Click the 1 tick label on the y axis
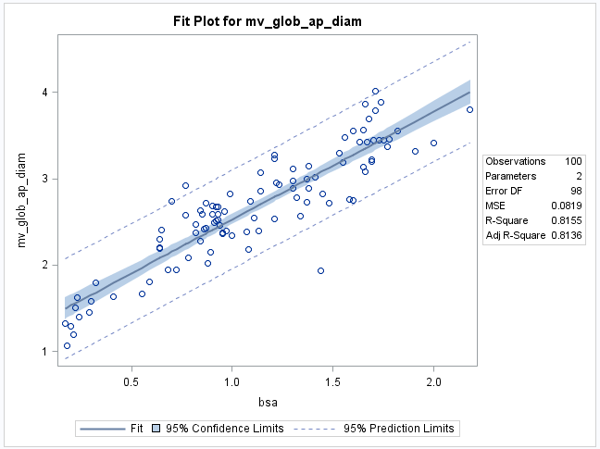[x=43, y=352]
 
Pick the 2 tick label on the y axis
[x=43, y=266]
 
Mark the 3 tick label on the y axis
[x=43, y=179]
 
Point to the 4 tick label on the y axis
[x=43, y=93]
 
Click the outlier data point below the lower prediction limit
[x=320, y=271]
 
